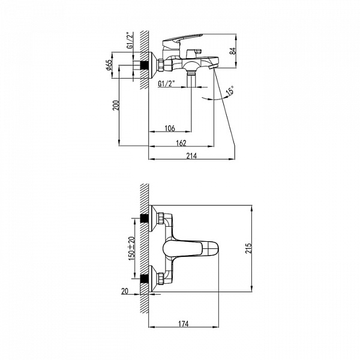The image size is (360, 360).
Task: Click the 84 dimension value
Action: click(x=233, y=51)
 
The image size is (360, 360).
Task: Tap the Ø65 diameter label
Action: click(x=109, y=65)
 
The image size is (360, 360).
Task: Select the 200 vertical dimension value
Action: click(x=116, y=106)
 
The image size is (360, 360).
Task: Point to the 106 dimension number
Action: click(x=170, y=128)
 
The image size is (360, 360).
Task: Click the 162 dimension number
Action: click(x=181, y=143)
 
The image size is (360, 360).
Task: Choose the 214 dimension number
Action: click(x=191, y=156)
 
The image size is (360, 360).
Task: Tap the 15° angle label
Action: click(x=230, y=90)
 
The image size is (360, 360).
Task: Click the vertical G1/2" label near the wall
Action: click(x=130, y=41)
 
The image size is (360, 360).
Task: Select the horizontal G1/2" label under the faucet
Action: click(x=166, y=83)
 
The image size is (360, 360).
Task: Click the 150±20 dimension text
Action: click(x=132, y=248)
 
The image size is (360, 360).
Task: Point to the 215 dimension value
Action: click(x=248, y=248)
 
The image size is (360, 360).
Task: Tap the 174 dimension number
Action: click(x=184, y=324)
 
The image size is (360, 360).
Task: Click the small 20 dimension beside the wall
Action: click(x=125, y=292)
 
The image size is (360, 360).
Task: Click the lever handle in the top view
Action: click(x=191, y=248)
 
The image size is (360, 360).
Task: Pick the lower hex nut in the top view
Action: click(x=161, y=278)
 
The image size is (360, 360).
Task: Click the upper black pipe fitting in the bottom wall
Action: click(x=144, y=218)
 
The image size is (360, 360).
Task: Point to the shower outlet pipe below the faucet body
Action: click(x=191, y=80)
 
